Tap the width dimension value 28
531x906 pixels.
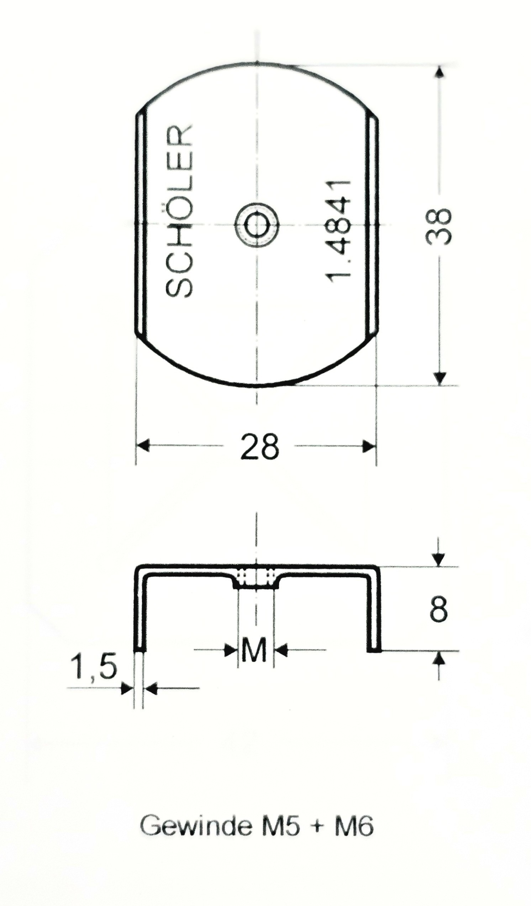[x=259, y=447]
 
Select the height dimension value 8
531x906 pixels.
[x=438, y=609]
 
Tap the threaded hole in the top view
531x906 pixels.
[x=257, y=224]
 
